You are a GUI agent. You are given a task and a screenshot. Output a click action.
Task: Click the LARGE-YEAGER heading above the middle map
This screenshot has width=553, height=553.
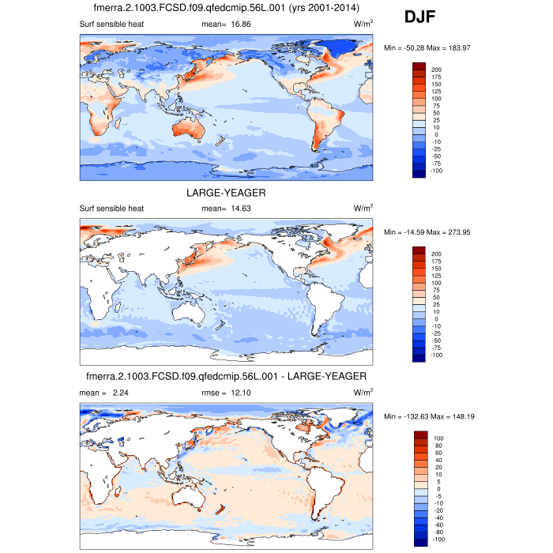(226, 193)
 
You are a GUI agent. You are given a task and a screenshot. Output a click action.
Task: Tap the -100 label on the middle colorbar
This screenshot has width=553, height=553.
(436, 355)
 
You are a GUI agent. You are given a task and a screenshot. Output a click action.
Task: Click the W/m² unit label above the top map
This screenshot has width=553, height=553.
(363, 24)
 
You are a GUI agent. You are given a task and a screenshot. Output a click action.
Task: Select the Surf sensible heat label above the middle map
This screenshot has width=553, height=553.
(111, 209)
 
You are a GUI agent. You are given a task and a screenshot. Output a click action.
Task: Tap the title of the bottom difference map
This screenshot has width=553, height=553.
(226, 376)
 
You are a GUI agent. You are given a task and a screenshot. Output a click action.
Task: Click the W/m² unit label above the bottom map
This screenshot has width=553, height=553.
(363, 392)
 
